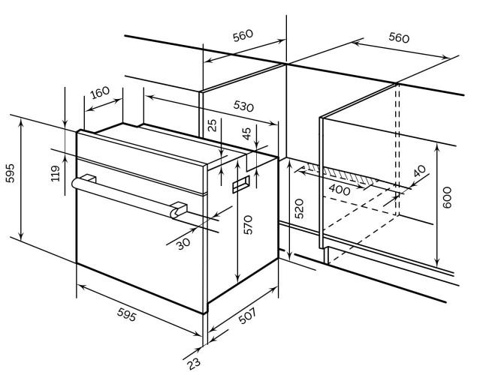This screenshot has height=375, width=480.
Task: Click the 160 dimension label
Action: click(101, 92)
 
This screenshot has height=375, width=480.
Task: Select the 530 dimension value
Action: click(243, 106)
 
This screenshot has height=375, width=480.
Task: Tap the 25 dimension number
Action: click(212, 125)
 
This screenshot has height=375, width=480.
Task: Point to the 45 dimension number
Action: click(246, 133)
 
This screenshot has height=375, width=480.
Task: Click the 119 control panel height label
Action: click(56, 173)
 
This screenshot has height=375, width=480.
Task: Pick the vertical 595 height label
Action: click(10, 173)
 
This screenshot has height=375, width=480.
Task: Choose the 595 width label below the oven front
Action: click(126, 314)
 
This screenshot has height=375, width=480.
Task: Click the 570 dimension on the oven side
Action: click(248, 225)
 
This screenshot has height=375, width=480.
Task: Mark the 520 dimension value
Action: click(299, 208)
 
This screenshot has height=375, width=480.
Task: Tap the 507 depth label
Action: click(246, 316)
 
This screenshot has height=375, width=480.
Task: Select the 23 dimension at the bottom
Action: click(194, 363)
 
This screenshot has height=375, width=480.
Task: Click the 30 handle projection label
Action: click(183, 244)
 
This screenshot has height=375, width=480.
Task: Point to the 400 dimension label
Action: click(339, 190)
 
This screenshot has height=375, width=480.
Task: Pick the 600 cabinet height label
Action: click(447, 197)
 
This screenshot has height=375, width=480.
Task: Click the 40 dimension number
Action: click(419, 171)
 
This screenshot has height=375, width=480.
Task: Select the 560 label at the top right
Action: click(399, 38)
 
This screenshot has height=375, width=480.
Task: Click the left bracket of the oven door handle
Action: click(88, 178)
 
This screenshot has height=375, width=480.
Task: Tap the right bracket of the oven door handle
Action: click(179, 209)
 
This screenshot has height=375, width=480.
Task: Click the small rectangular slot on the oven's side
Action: click(241, 184)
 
